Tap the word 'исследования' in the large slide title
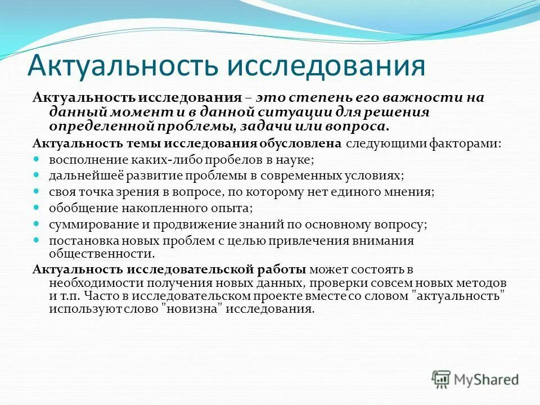[x=326, y=65]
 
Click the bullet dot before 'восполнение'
[x=37, y=160]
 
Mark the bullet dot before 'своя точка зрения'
[x=37, y=192]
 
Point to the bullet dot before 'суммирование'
[x=37, y=224]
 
